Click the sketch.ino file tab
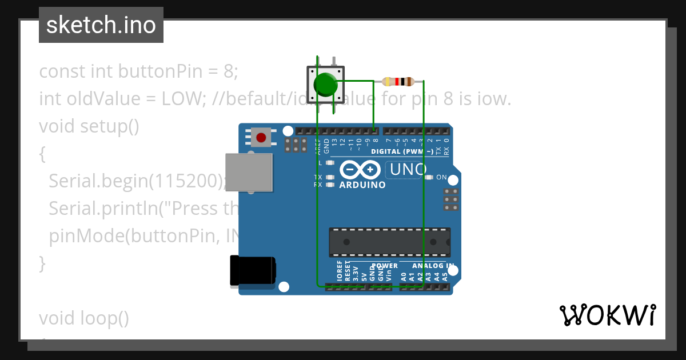click(101, 25)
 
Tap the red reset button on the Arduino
click(261, 138)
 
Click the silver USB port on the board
click(249, 172)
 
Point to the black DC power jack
click(252, 270)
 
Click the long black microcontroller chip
click(389, 242)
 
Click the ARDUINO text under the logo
click(362, 185)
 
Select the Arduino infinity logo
click(360, 170)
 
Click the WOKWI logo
click(607, 315)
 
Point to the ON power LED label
click(441, 177)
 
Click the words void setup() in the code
click(89, 126)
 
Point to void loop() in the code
click(84, 318)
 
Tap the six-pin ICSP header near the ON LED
click(450, 199)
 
